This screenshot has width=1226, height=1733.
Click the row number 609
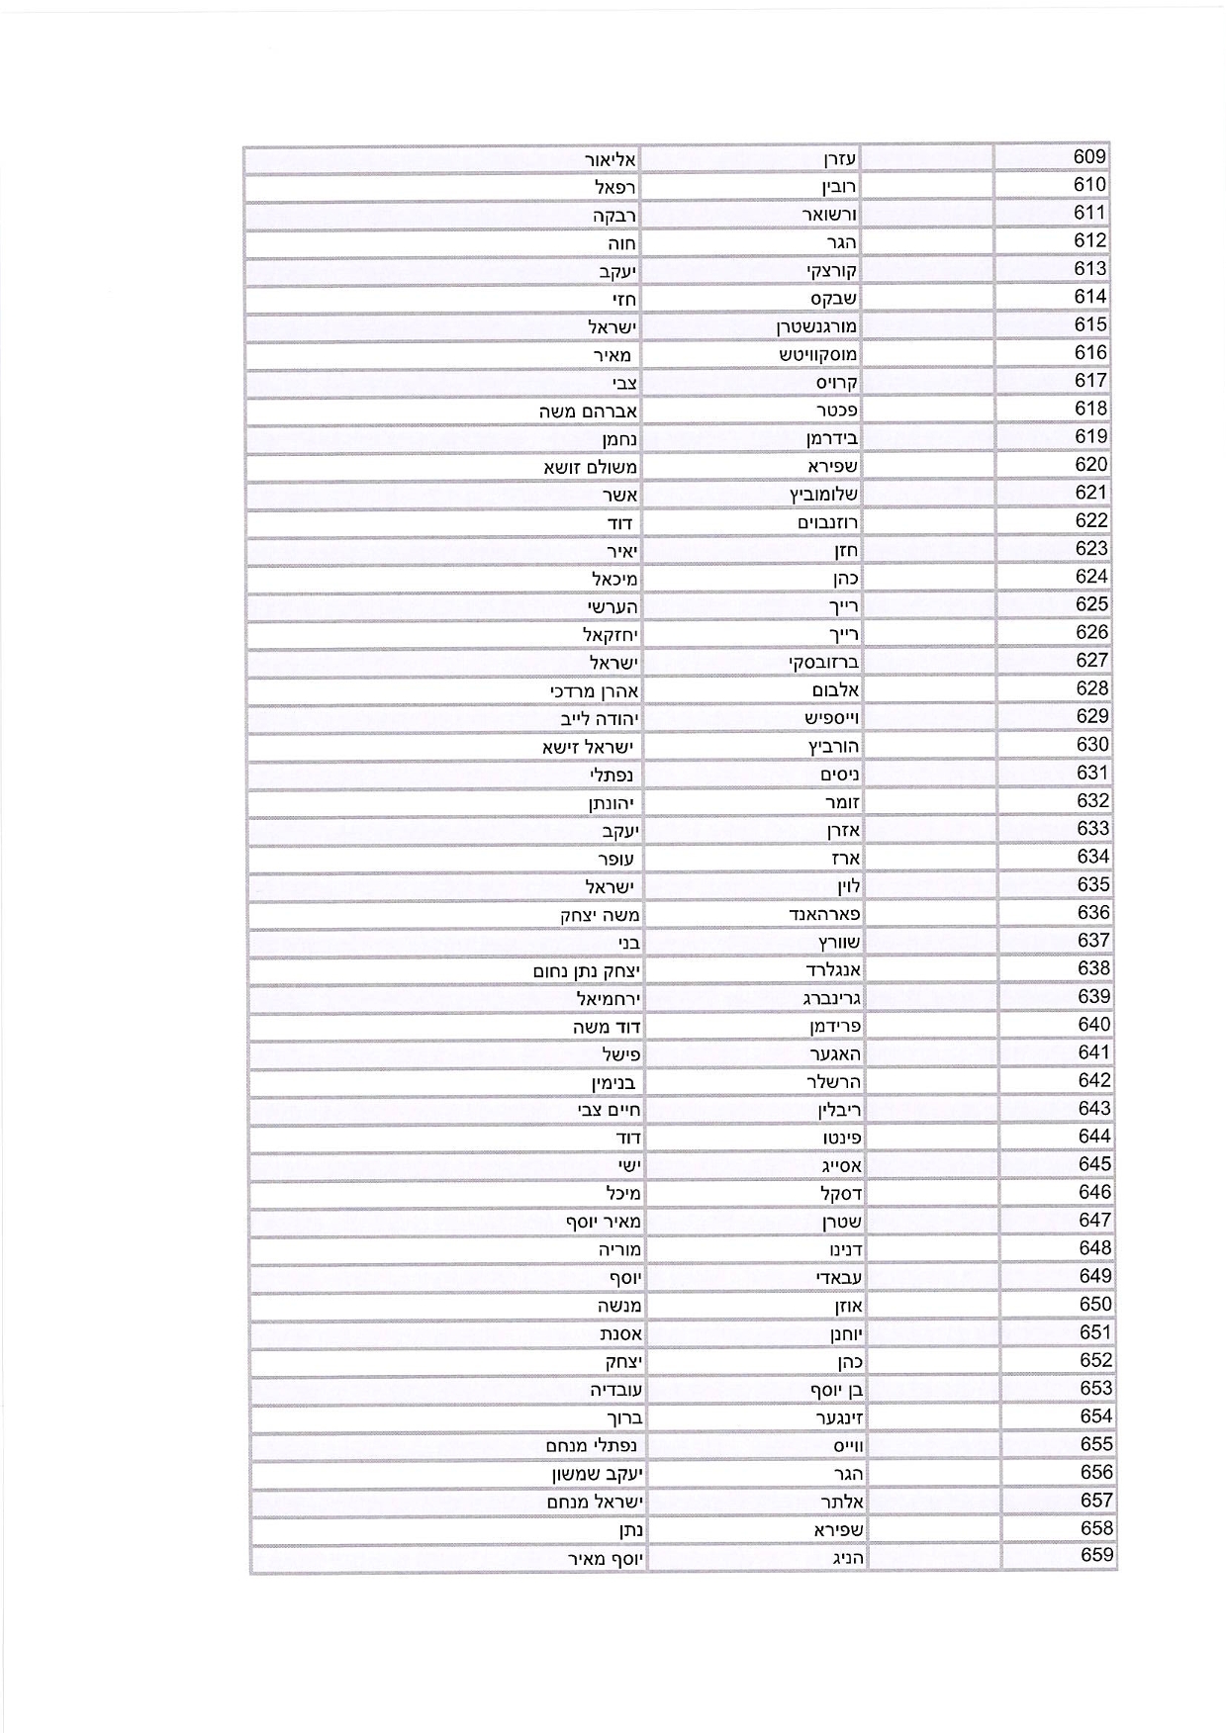tap(1089, 156)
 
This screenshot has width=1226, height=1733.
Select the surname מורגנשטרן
tap(816, 325)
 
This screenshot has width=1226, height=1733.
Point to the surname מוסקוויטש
tap(817, 354)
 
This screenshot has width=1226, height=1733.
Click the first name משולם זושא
tap(590, 467)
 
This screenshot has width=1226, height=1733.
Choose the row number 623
tap(1091, 549)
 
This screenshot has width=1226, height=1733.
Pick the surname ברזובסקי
tap(823, 662)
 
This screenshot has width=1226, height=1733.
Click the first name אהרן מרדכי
tap(595, 690)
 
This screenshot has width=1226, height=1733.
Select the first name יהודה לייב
tap(600, 719)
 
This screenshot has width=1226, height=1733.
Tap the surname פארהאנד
tap(823, 914)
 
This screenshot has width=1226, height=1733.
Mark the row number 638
tap(1093, 968)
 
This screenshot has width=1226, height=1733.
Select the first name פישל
tap(621, 1054)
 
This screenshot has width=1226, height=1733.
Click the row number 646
tap(1094, 1193)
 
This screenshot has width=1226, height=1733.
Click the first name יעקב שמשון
tap(598, 1474)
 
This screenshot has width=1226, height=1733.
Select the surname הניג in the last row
tap(844, 1558)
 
